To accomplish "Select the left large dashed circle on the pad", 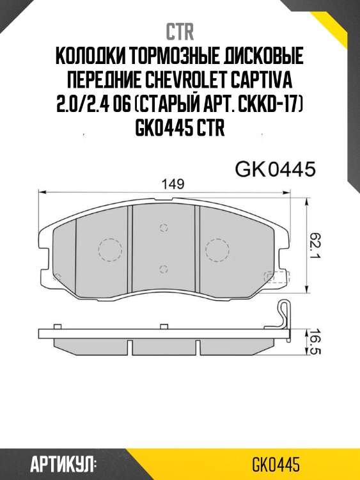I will click(109, 250).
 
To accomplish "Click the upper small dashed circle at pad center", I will click(164, 228).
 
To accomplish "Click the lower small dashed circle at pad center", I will click(164, 269).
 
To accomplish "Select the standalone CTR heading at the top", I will click(180, 32).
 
